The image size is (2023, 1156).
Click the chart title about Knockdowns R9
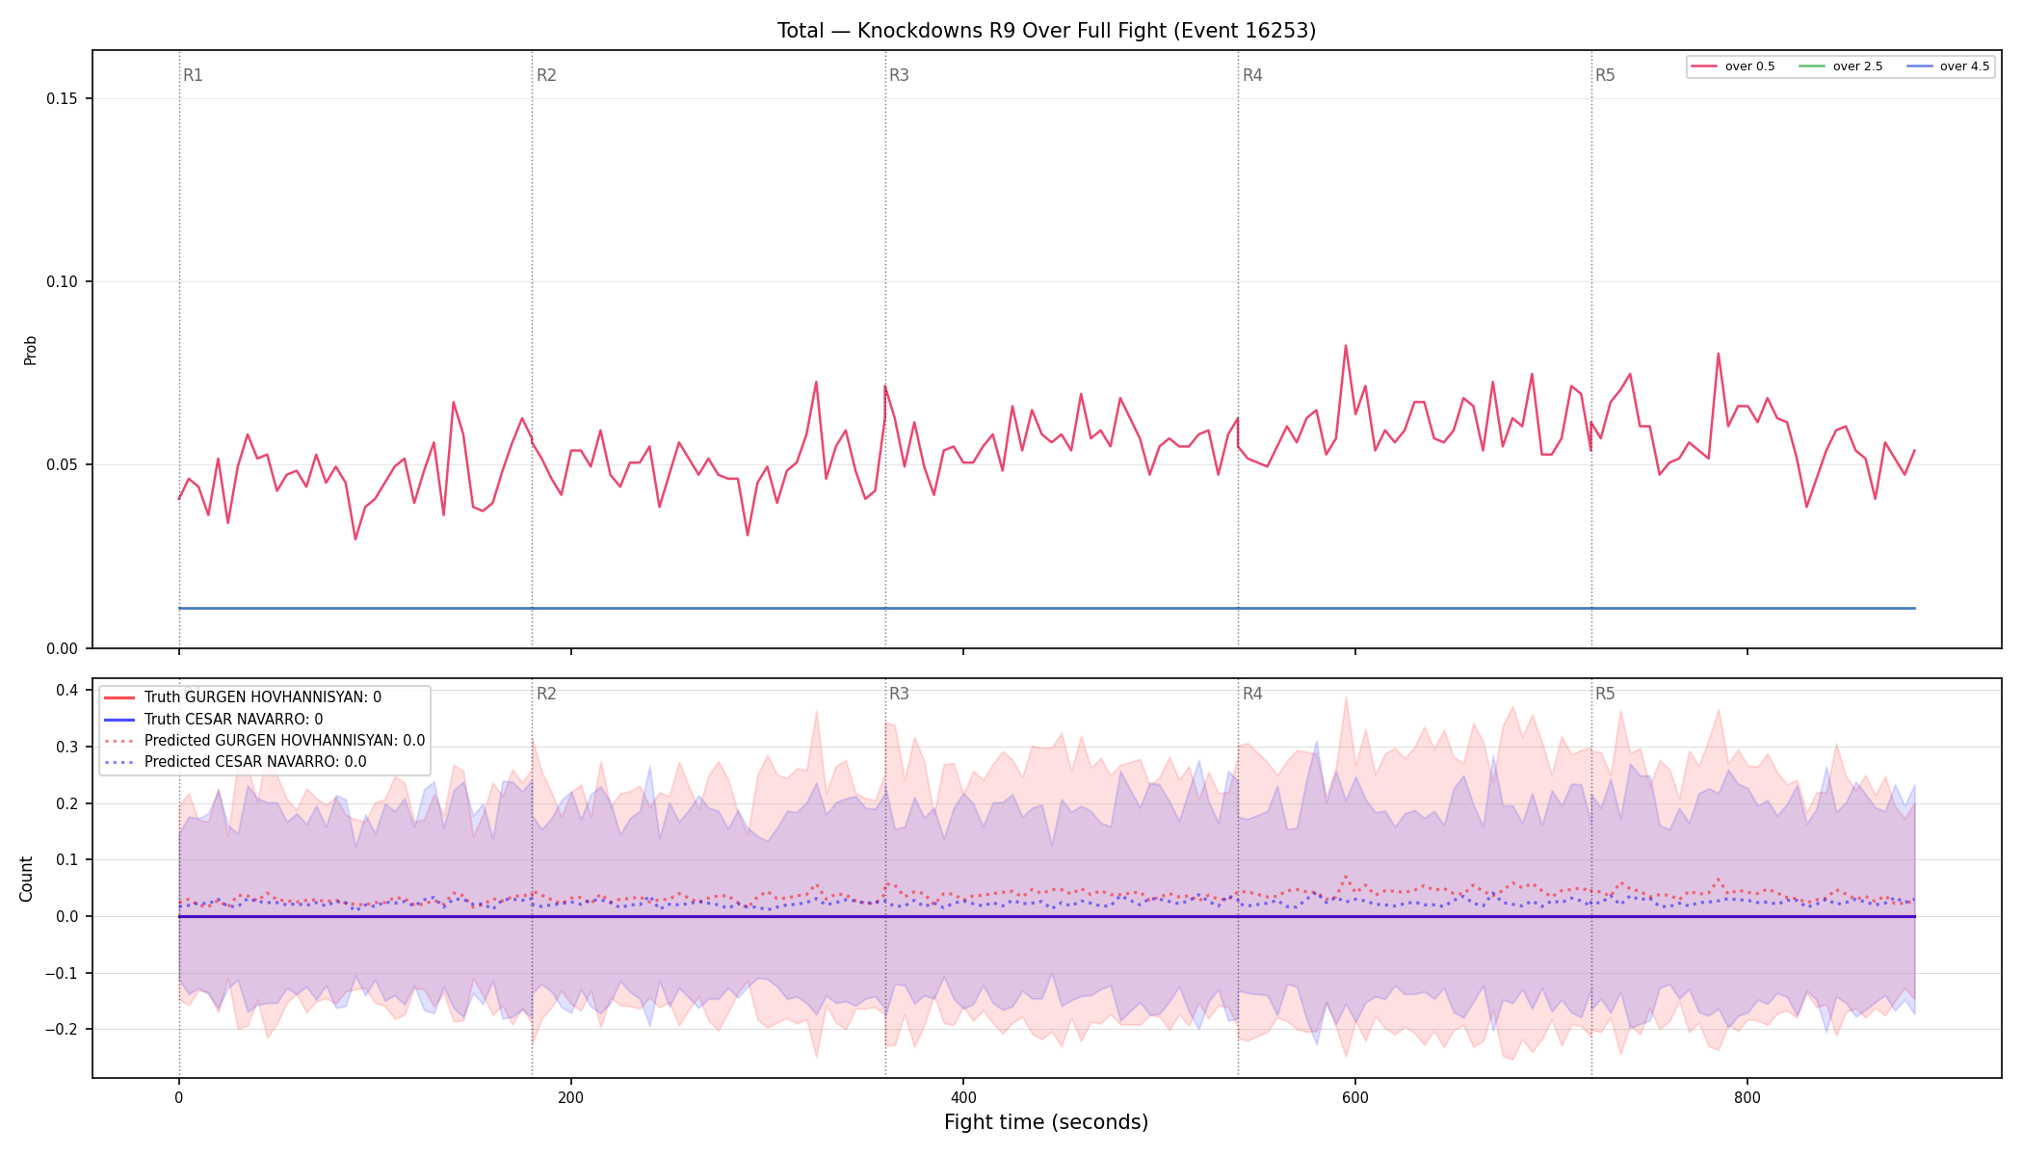(1046, 31)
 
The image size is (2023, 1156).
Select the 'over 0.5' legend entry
(1733, 66)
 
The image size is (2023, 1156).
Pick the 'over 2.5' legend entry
(1841, 66)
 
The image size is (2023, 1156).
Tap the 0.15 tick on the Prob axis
(64, 99)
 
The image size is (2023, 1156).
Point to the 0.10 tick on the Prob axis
(64, 282)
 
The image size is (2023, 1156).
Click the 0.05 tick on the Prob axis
(64, 465)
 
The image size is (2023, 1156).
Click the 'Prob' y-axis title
(31, 350)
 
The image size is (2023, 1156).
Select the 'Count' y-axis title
(26, 879)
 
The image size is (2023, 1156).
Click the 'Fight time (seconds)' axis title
(1046, 1122)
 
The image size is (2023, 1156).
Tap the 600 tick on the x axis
(1355, 1097)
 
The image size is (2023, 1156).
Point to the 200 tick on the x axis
(571, 1097)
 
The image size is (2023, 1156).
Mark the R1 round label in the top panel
(193, 75)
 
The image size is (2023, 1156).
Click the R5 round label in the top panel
(1605, 75)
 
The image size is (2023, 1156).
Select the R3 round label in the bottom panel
(899, 694)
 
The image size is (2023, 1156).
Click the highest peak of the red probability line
(1346, 346)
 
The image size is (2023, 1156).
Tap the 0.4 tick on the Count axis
(66, 690)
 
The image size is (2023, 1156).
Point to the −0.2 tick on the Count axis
(62, 1030)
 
